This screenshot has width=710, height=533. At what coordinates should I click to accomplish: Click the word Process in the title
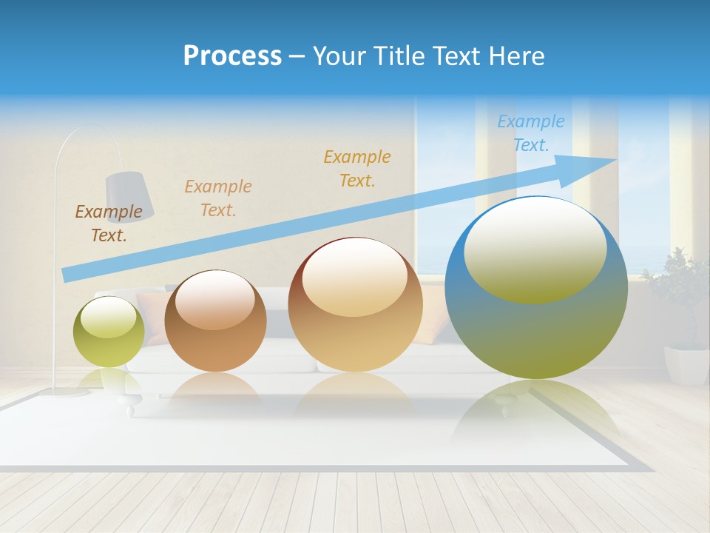[232, 56]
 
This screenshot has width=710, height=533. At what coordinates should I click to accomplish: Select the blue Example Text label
[530, 133]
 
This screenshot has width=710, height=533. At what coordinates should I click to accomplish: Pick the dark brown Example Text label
[108, 223]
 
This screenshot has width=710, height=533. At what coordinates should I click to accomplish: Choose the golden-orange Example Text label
[357, 168]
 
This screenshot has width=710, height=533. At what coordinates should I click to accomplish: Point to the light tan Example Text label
[218, 198]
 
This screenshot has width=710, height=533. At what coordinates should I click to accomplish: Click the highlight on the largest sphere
[535, 250]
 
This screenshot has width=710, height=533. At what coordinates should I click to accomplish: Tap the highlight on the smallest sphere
[108, 316]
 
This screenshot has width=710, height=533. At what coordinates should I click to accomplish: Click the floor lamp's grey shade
[130, 195]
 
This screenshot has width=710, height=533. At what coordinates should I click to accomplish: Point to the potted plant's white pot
[686, 365]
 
